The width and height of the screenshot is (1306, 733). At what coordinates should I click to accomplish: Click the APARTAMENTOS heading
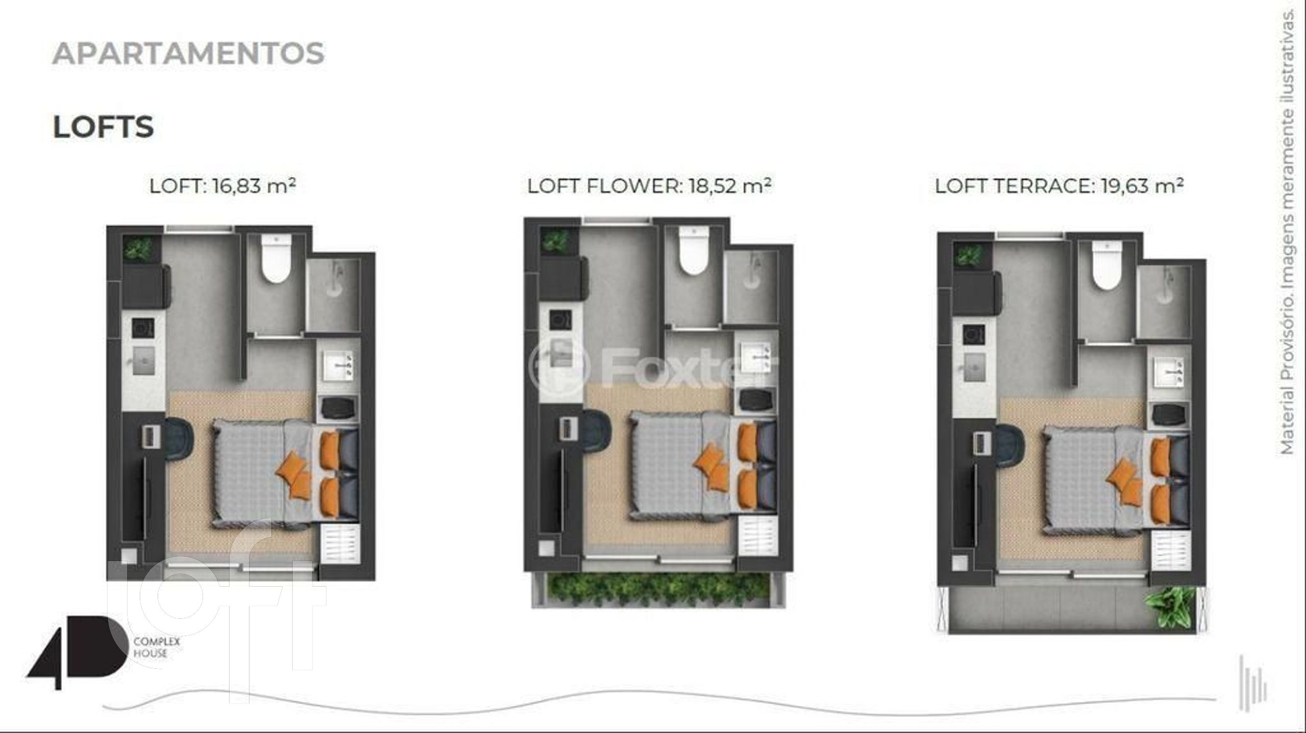click(x=188, y=54)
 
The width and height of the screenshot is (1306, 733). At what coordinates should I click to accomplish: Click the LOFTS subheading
click(x=103, y=127)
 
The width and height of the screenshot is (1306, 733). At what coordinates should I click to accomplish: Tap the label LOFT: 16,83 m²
click(x=222, y=186)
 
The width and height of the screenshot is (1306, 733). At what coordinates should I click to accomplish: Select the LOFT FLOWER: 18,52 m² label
click(x=649, y=186)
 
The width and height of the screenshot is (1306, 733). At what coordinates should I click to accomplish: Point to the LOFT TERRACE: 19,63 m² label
click(x=1059, y=186)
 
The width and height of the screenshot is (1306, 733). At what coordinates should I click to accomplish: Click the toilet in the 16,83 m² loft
click(x=275, y=258)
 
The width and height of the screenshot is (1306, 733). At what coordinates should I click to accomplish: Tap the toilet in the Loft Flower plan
click(x=693, y=251)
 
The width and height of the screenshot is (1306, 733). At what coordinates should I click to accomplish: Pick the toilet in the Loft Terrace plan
click(x=1107, y=266)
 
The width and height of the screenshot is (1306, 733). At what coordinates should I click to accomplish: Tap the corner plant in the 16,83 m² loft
click(x=139, y=249)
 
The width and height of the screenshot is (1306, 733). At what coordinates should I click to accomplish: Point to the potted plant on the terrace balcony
click(x=1170, y=612)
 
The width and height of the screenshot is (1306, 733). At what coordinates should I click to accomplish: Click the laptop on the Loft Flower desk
click(x=568, y=427)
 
